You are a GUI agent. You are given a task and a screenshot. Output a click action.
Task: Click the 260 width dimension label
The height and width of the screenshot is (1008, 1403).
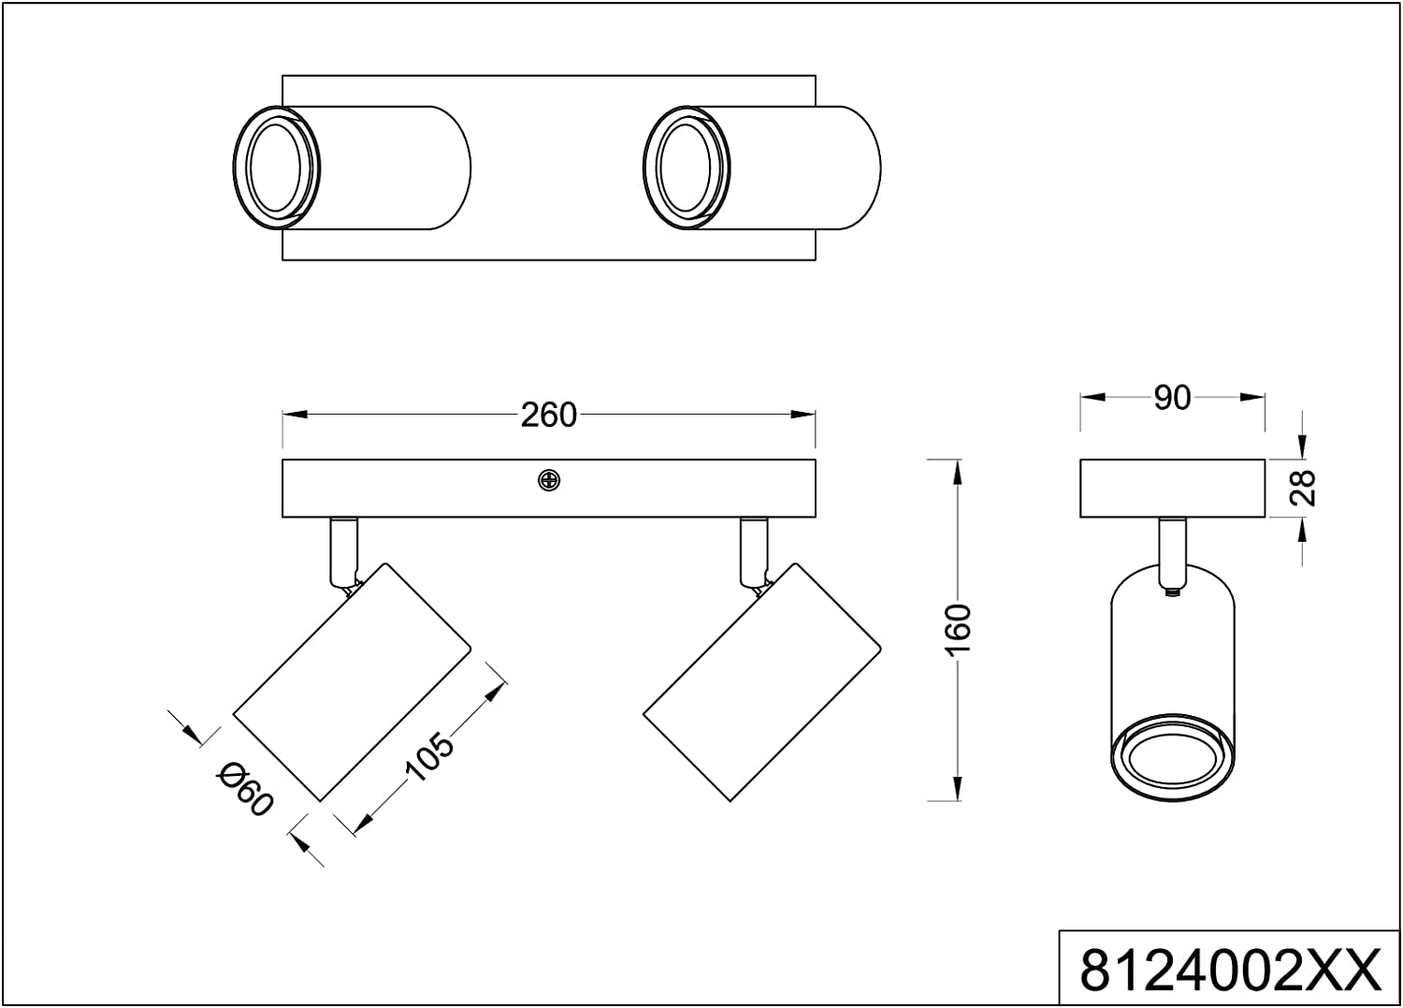pyautogui.click(x=549, y=415)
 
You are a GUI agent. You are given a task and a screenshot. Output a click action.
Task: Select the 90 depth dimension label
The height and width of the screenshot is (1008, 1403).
pyautogui.click(x=1172, y=398)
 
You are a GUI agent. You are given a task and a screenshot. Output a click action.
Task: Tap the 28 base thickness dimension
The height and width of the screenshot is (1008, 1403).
pyautogui.click(x=1303, y=488)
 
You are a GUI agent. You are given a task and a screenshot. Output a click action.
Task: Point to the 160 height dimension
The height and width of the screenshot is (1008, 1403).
pyautogui.click(x=959, y=630)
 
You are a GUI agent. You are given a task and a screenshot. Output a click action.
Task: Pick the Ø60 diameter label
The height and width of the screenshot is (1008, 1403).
pyautogui.click(x=244, y=789)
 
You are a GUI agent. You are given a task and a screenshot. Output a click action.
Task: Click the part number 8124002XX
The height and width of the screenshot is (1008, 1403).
pyautogui.click(x=1230, y=970)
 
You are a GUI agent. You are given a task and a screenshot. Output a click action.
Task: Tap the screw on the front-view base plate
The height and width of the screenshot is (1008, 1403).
pyautogui.click(x=549, y=480)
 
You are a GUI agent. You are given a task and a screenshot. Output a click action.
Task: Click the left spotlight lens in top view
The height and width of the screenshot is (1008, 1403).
pyautogui.click(x=275, y=168)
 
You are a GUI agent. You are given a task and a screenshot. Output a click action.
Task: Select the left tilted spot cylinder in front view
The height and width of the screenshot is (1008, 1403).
pyautogui.click(x=352, y=681)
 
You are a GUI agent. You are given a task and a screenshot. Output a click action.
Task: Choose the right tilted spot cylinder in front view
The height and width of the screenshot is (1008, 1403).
pyautogui.click(x=762, y=681)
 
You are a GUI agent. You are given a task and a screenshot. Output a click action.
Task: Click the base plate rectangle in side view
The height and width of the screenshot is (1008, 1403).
pyautogui.click(x=1172, y=488)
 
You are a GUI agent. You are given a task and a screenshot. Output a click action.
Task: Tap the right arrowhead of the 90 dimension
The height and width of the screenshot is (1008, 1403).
pyautogui.click(x=1253, y=397)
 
